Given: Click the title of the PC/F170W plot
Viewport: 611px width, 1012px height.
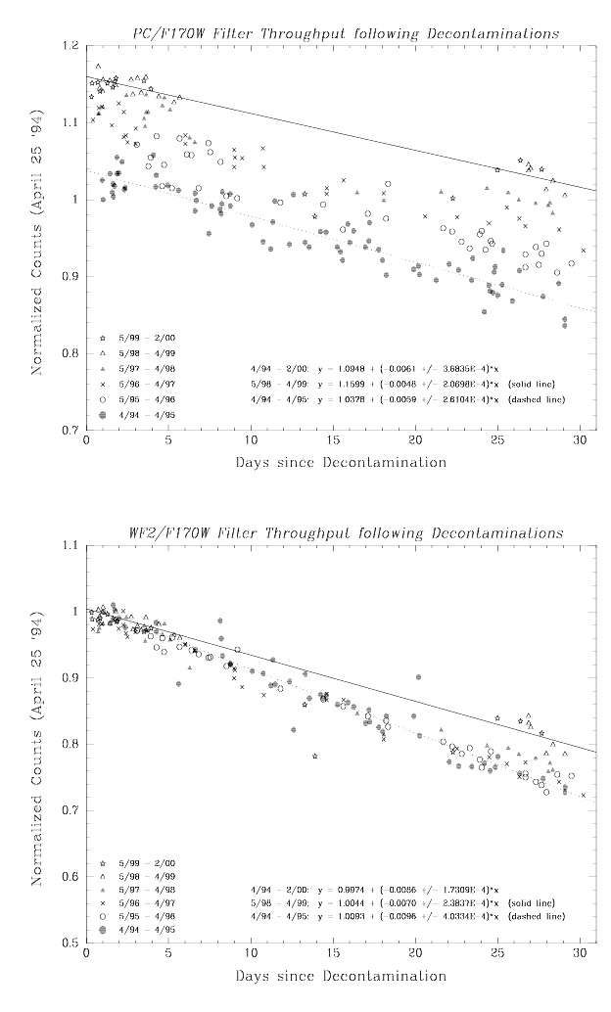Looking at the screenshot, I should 347,32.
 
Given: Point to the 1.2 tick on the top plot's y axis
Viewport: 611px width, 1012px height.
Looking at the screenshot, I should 71,46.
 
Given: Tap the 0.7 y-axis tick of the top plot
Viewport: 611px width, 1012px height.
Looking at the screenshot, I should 71,430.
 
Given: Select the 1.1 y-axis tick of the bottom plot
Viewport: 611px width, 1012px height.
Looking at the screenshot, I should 71,544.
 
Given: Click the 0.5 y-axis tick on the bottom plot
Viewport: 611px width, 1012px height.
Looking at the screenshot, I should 71,943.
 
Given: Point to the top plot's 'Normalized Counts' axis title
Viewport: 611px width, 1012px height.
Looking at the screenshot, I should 37,238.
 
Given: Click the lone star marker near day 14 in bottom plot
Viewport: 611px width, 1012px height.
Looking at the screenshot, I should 314,756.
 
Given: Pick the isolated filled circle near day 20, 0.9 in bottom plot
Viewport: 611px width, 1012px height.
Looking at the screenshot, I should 418,676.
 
